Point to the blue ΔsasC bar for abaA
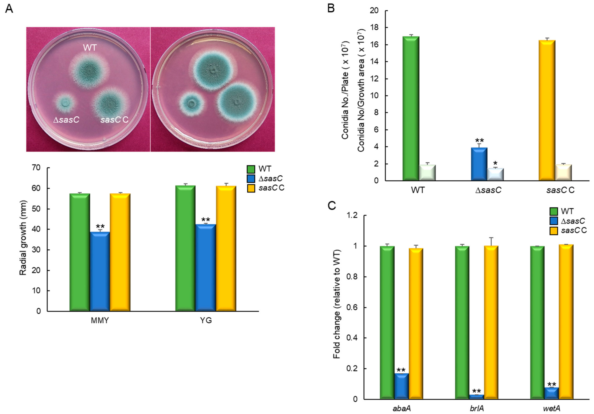(402, 386)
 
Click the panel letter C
(332, 206)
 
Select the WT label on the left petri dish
(90, 48)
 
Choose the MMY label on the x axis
(100, 321)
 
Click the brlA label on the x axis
(476, 409)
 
